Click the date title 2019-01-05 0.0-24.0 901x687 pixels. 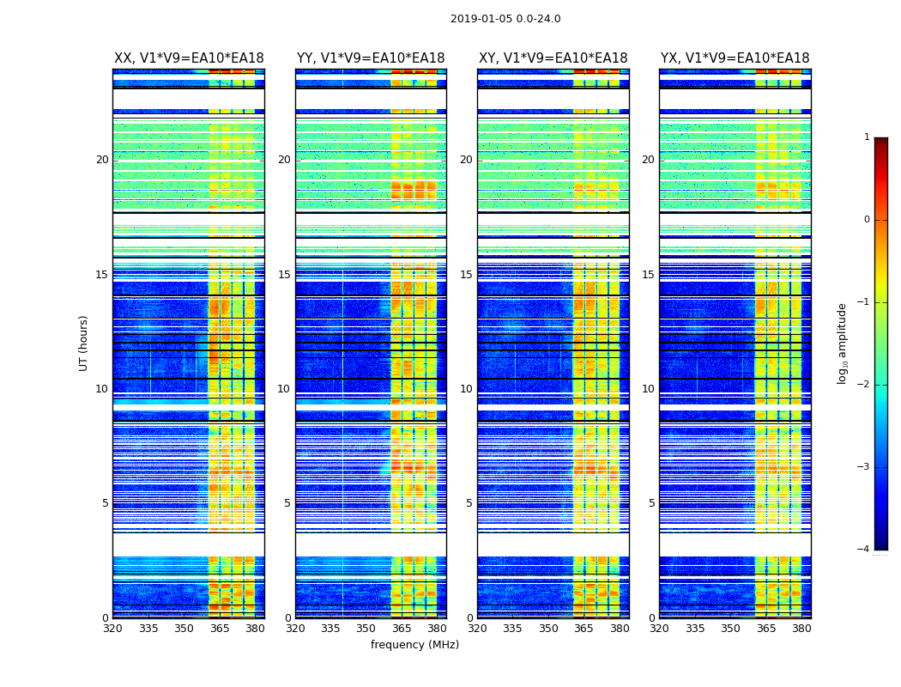[505, 19]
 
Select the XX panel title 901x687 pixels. [189, 58]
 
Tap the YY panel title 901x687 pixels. [371, 58]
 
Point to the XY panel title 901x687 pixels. [553, 58]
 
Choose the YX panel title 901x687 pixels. [735, 58]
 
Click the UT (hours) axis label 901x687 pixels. [84, 343]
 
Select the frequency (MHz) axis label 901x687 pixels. [414, 645]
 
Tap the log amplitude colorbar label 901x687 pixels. [843, 343]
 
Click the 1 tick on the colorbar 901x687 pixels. [867, 137]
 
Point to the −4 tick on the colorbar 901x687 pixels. [863, 550]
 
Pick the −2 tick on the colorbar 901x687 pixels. [863, 385]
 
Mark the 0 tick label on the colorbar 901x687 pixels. [867, 220]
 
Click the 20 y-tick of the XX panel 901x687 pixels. [102, 160]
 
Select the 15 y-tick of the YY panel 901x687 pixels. [284, 275]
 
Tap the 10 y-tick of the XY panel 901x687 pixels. [466, 389]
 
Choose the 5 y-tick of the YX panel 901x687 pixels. [651, 503]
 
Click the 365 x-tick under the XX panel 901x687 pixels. [220, 628]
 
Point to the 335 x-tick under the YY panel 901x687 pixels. [331, 628]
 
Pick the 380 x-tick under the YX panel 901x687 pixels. [801, 628]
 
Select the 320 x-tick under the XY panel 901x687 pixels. [478, 628]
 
